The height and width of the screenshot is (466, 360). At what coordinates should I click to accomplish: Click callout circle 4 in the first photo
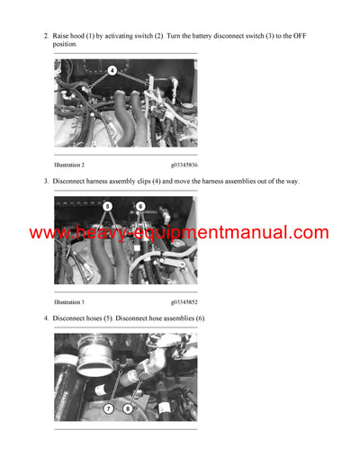(112, 69)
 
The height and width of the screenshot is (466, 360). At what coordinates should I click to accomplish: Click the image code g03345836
(184, 165)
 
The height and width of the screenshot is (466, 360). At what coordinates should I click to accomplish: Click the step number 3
(45, 182)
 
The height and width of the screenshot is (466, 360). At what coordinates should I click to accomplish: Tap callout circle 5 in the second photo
(107, 206)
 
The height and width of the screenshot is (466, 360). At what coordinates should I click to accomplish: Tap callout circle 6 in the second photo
(140, 206)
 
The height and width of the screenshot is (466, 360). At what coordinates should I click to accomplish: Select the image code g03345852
(184, 301)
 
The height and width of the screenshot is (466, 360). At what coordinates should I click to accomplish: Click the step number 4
(45, 318)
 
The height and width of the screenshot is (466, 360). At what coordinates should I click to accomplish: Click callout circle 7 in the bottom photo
(108, 408)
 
